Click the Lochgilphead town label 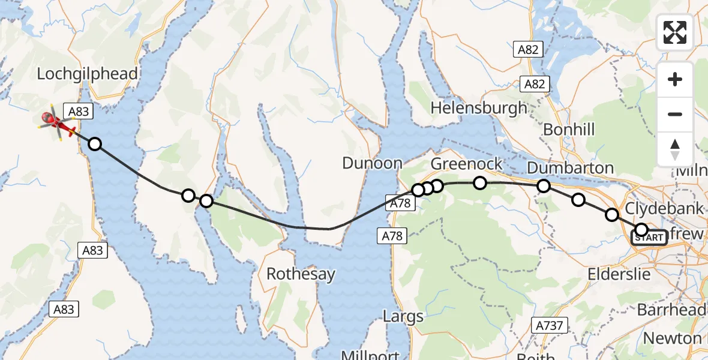coord(88,74)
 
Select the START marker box coord(649,238)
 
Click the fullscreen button coord(675,32)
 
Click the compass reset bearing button coord(675,149)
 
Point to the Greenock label coord(467,164)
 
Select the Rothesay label coord(301,274)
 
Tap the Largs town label coord(403,316)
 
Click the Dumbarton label coord(570,167)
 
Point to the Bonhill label coord(568,129)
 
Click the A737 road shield coord(549,325)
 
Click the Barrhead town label coord(671,310)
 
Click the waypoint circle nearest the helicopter coord(94,144)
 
